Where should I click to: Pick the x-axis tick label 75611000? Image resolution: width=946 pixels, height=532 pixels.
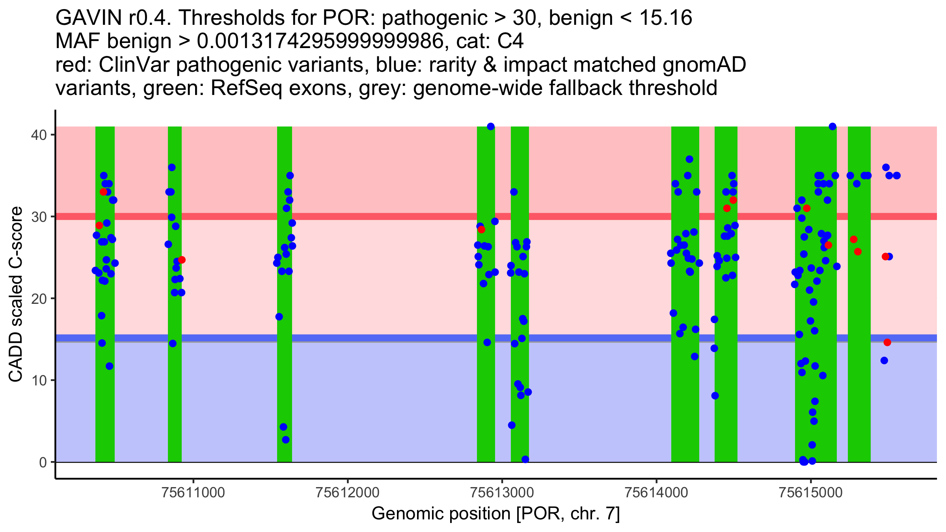(x=194, y=492)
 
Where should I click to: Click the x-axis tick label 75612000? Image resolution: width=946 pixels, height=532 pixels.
(x=348, y=492)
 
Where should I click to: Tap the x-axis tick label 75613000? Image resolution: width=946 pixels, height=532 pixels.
(x=502, y=492)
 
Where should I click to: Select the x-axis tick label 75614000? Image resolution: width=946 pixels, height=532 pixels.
(x=656, y=492)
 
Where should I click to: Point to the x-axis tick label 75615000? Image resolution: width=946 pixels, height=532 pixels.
(x=810, y=492)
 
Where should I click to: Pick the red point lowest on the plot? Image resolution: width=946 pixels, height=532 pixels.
(x=887, y=342)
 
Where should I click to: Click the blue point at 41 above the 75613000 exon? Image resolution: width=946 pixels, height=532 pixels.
(x=491, y=126)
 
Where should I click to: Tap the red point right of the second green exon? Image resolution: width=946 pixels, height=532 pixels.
(x=182, y=260)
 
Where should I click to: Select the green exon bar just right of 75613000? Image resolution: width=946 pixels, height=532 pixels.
(x=520, y=294)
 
